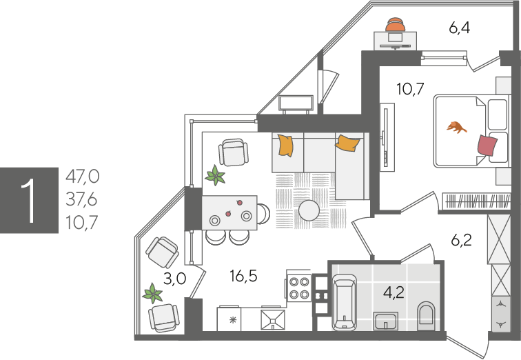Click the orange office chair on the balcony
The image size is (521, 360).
click(396, 25)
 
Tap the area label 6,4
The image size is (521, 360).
click(460, 28)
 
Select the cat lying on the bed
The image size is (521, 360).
click(456, 128)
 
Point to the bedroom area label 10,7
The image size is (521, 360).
click(410, 89)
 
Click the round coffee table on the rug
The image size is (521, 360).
click(309, 210)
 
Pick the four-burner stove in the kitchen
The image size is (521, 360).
click(299, 288)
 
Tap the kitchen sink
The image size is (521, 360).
click(273, 320)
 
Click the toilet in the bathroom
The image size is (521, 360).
click(426, 316)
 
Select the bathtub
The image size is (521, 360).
click(345, 302)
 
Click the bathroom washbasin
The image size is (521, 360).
click(386, 321)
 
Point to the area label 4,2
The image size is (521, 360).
click(394, 292)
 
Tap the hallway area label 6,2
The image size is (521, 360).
click(462, 240)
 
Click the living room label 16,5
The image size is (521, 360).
click(243, 276)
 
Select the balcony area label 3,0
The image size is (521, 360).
click(175, 279)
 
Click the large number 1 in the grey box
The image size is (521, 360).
click(29, 201)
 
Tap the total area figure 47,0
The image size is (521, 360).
click(83, 176)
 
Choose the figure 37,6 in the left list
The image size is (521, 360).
click(82, 200)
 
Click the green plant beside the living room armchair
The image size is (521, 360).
click(215, 175)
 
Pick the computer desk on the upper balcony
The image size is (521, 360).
click(396, 41)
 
